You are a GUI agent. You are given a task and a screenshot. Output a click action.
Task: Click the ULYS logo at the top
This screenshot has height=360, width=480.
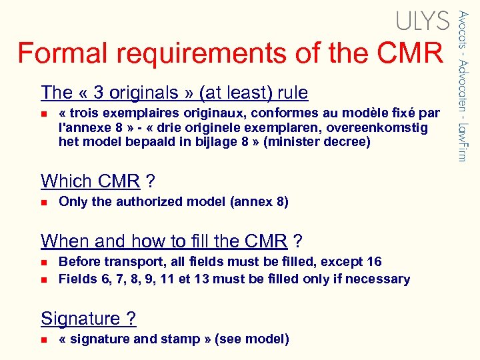pyautogui.click(x=423, y=21)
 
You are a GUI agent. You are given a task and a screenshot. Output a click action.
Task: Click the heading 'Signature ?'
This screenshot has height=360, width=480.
pyautogui.click(x=89, y=319)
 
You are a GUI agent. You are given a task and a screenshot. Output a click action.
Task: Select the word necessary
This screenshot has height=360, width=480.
pyautogui.click(x=379, y=279)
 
